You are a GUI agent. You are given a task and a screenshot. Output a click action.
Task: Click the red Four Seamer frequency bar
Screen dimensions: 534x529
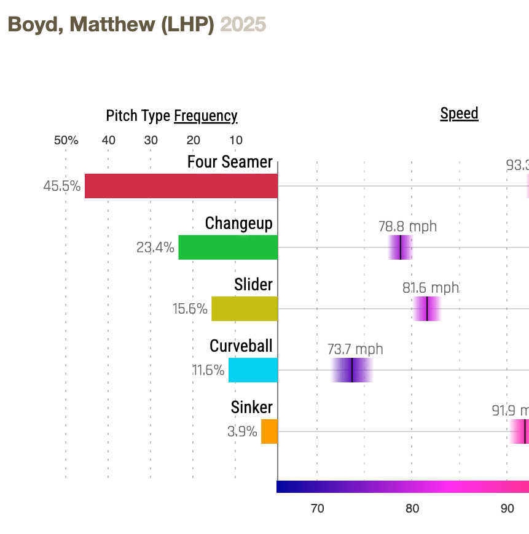coord(181,186)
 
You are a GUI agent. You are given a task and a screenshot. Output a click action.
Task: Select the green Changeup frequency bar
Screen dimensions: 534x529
coord(228,247)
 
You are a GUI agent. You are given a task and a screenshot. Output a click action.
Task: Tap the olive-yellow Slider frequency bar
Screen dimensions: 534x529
coord(245,309)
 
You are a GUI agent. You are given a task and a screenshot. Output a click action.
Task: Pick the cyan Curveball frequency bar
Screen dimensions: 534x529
coord(253,370)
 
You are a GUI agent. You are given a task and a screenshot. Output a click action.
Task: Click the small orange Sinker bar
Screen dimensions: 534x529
coord(269,431)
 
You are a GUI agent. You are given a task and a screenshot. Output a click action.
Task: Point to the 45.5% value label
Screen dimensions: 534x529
coord(62,186)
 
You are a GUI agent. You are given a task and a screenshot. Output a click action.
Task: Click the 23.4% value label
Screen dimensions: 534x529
coord(155,248)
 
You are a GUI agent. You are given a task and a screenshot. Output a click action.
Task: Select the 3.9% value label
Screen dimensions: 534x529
coord(242,431)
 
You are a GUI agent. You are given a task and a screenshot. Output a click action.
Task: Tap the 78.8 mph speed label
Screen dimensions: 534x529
coord(407,226)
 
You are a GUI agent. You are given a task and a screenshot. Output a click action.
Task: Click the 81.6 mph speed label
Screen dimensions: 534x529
coord(431,288)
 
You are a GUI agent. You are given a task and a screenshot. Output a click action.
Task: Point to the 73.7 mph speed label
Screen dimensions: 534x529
coord(355,349)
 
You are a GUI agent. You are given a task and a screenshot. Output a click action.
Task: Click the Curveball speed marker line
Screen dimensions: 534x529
coord(352,370)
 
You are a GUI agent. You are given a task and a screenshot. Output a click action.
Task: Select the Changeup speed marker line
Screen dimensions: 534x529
coord(401,247)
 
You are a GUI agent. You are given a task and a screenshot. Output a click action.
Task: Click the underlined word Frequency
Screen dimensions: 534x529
coord(206,116)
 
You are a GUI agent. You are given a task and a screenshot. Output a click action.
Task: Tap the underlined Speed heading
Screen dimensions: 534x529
coord(459,114)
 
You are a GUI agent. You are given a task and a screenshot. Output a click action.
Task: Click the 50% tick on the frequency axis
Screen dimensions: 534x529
coord(66,140)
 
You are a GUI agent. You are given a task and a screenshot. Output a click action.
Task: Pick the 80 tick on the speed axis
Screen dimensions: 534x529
coord(412,509)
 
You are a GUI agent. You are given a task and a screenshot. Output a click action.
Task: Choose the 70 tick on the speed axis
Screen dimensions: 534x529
coord(317,509)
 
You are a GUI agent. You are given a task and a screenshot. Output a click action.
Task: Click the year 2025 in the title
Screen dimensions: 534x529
coord(243,25)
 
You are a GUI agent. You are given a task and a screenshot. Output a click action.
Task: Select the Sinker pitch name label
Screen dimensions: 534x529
coord(252,408)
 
